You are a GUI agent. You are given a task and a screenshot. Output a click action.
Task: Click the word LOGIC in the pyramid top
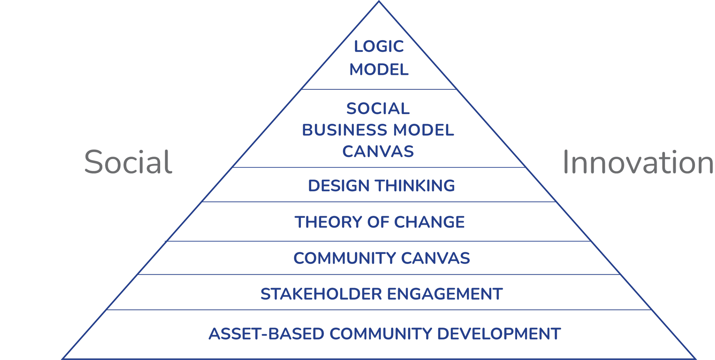pyautogui.click(x=379, y=47)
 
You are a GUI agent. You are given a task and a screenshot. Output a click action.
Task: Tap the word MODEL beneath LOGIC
pyautogui.click(x=379, y=70)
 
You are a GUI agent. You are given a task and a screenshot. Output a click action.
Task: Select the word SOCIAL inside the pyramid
pyautogui.click(x=378, y=109)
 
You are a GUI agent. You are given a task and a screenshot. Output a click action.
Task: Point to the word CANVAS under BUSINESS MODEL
pyautogui.click(x=378, y=152)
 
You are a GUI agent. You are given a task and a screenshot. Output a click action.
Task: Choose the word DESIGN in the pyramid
pyautogui.click(x=339, y=186)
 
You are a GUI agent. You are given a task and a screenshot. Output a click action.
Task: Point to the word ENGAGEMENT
pyautogui.click(x=445, y=294)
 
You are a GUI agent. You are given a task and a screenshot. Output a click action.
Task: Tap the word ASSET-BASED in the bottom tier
pyautogui.click(x=266, y=334)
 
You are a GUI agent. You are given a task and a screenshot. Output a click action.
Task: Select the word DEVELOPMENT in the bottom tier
pyautogui.click(x=499, y=334)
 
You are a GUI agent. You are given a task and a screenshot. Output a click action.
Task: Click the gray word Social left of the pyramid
pyautogui.click(x=128, y=162)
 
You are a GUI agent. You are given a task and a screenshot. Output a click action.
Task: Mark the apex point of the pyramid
pyautogui.click(x=379, y=1)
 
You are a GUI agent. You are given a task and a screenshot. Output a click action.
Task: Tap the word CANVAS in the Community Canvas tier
pyautogui.click(x=435, y=258)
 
